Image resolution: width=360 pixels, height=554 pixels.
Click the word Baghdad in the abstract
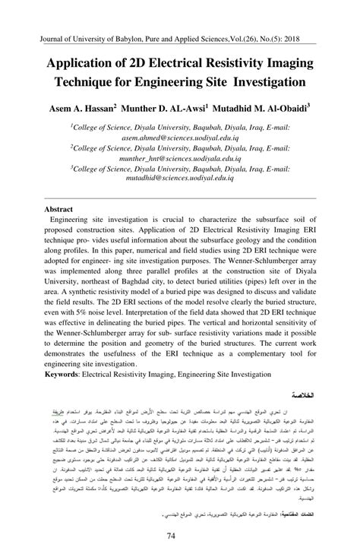157,278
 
